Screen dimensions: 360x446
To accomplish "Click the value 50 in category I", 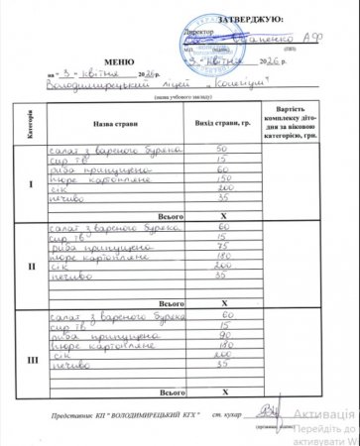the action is click(222, 148).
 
